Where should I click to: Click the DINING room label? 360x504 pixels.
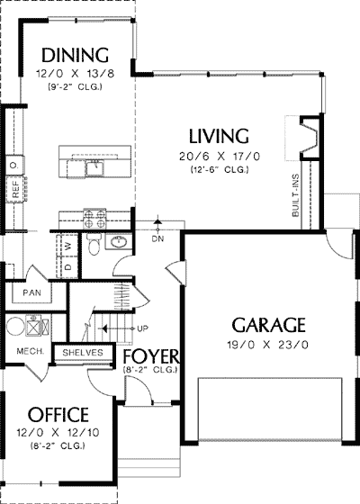[x=75, y=55]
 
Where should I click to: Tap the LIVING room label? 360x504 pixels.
[x=219, y=136]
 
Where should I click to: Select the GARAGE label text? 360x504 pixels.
[x=268, y=325]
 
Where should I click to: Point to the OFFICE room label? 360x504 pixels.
[x=58, y=415]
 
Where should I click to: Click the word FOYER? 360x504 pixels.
[x=151, y=356]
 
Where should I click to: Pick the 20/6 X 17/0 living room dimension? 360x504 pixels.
[x=220, y=157]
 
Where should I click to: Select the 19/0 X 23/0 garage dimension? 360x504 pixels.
[x=268, y=345]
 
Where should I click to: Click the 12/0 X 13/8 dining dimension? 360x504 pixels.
[x=75, y=74]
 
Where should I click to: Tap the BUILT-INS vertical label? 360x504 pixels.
[x=296, y=195]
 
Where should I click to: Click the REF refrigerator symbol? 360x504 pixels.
[x=15, y=189]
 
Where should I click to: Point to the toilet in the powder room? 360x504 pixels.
[x=94, y=245]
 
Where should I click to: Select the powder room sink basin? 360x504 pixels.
[x=118, y=242]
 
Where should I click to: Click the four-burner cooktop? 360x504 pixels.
[x=94, y=219]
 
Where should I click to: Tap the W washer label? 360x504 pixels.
[x=67, y=247]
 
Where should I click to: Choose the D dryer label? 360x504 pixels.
[x=67, y=267]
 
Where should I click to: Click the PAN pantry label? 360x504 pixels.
[x=31, y=292]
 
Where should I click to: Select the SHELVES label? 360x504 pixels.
[x=83, y=353]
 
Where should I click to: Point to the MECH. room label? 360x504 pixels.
[x=31, y=351]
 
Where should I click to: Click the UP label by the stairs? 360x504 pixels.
[x=142, y=328]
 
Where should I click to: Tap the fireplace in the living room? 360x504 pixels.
[x=310, y=138]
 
